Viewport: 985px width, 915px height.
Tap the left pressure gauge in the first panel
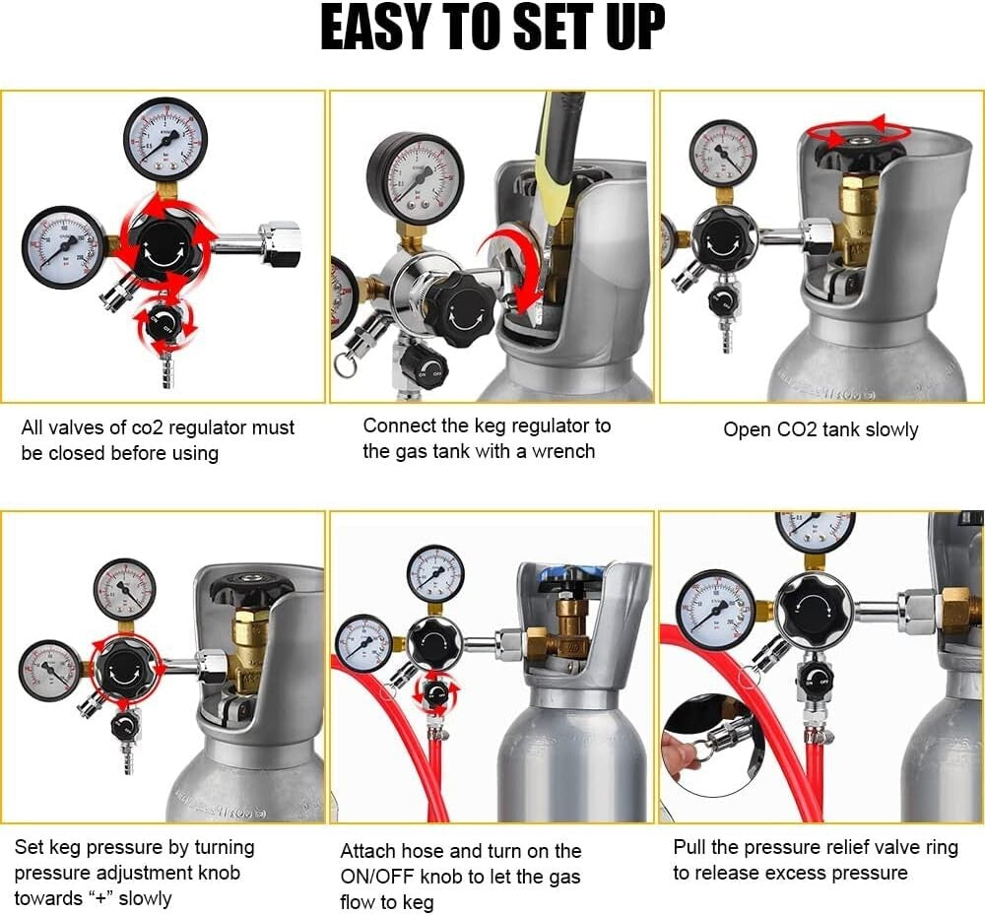click(63, 246)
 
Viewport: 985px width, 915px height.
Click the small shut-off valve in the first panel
click(165, 320)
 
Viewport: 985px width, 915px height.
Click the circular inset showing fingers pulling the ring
click(709, 745)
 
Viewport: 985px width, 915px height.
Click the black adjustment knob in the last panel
click(814, 611)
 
